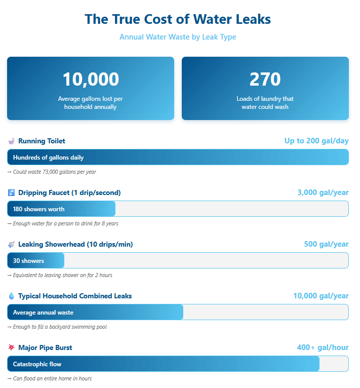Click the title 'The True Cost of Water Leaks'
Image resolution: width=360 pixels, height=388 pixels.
click(x=178, y=19)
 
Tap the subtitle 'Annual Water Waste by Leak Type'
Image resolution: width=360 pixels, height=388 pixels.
click(x=178, y=37)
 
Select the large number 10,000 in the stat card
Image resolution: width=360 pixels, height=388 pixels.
click(x=91, y=80)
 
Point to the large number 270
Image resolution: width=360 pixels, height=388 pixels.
click(x=265, y=80)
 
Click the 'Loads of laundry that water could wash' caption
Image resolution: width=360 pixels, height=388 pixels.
click(x=265, y=103)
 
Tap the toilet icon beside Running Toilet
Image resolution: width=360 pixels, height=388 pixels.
click(x=11, y=141)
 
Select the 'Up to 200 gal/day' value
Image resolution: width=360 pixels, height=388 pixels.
click(x=316, y=141)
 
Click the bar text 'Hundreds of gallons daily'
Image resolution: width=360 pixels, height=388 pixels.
click(x=48, y=158)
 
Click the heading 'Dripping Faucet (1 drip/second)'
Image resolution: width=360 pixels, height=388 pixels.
click(x=69, y=192)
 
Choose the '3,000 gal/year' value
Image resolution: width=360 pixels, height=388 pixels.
click(x=323, y=192)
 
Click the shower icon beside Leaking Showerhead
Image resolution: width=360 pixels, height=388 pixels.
click(x=11, y=245)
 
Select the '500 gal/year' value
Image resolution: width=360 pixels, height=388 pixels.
click(x=326, y=244)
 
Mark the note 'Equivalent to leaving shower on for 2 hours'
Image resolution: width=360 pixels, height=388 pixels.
click(x=60, y=275)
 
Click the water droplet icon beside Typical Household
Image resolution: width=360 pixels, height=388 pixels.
click(x=11, y=296)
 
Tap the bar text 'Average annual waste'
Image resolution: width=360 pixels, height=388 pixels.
click(x=43, y=313)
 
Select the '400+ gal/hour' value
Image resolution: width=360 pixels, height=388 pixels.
click(x=323, y=347)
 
